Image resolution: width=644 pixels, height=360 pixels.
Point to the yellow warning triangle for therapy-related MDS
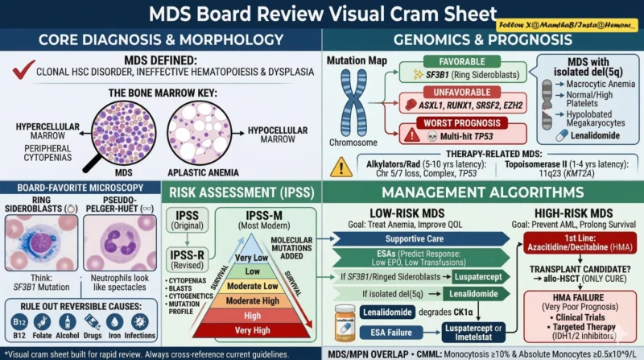pyautogui.click(x=342, y=166)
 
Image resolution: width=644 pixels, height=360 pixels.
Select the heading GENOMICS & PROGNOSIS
pyautogui.click(x=483, y=39)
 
